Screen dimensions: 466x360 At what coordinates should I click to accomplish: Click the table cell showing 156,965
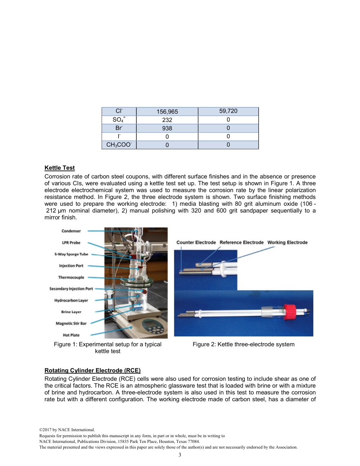[x=167, y=112]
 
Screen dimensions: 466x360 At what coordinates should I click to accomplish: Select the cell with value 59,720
[x=228, y=111]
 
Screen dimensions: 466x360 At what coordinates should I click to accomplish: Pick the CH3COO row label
[x=119, y=145]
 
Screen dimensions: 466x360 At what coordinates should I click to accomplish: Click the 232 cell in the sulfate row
[x=167, y=120]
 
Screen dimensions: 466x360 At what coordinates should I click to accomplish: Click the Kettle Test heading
[x=59, y=168]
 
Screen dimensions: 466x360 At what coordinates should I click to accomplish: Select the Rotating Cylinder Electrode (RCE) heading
[x=92, y=371]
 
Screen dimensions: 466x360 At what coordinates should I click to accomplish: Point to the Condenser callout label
[x=71, y=231]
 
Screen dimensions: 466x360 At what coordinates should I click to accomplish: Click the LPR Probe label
[x=71, y=243]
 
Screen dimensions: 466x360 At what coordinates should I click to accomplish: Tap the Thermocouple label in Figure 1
[x=71, y=277]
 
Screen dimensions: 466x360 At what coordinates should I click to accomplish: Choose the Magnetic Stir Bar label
[x=71, y=324]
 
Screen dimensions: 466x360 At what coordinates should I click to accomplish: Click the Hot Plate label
[x=71, y=335]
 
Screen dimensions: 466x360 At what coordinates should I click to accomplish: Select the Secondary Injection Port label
[x=71, y=289]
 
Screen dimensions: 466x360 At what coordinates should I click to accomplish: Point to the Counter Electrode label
[x=196, y=242]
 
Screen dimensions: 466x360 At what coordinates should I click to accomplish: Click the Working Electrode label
[x=287, y=242]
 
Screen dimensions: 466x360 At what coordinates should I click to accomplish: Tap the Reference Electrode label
[x=241, y=242]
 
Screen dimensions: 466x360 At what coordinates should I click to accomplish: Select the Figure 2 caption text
[x=243, y=344]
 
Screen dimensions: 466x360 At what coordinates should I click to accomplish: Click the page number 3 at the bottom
[x=180, y=455]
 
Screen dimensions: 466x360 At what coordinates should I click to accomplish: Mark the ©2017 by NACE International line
[x=64, y=430]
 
